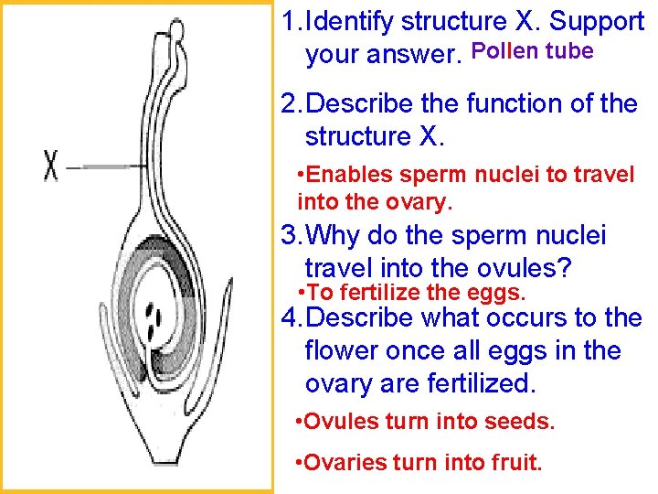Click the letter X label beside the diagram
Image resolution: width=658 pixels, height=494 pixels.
52,167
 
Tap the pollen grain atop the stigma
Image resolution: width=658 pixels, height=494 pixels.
176,31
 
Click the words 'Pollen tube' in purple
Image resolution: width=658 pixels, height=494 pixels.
532,51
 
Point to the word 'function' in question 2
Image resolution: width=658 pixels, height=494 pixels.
515,104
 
